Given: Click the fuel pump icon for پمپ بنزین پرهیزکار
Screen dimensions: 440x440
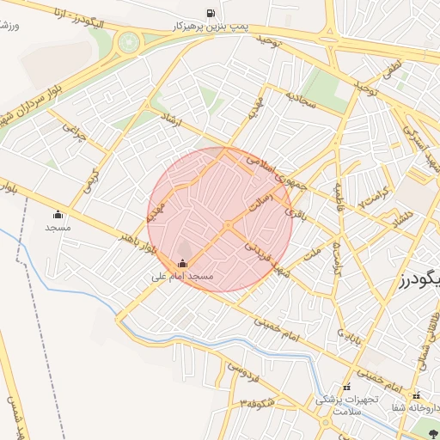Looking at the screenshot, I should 211,12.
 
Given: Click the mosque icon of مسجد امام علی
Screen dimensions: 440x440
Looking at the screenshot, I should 182,264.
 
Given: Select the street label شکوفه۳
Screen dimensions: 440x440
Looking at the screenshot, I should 258,402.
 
